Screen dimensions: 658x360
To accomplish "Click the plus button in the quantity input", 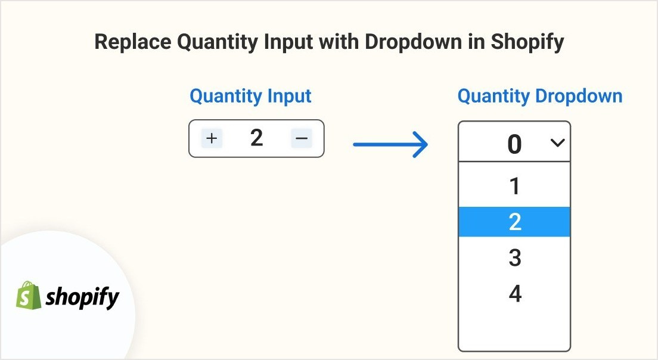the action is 212,138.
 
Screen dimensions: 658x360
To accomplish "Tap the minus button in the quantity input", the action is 302,138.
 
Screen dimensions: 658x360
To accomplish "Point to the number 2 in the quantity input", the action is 256,138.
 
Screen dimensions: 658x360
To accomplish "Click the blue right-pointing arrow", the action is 390,144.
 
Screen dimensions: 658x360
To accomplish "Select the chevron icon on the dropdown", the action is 557,143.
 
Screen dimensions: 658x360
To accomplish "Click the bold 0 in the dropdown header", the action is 514,144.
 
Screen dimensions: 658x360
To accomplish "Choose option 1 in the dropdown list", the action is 514,186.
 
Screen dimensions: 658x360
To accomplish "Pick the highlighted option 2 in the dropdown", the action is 514,222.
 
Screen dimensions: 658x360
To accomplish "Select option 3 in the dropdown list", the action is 515,257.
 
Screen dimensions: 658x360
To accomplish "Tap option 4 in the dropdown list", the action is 515,293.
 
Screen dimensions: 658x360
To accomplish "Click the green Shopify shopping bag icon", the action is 29,296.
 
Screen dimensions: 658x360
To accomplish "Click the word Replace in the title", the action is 132,42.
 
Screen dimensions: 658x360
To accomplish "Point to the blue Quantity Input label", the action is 250,97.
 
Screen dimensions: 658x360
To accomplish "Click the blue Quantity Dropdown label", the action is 539,97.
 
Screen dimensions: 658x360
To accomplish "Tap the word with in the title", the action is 339,42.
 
